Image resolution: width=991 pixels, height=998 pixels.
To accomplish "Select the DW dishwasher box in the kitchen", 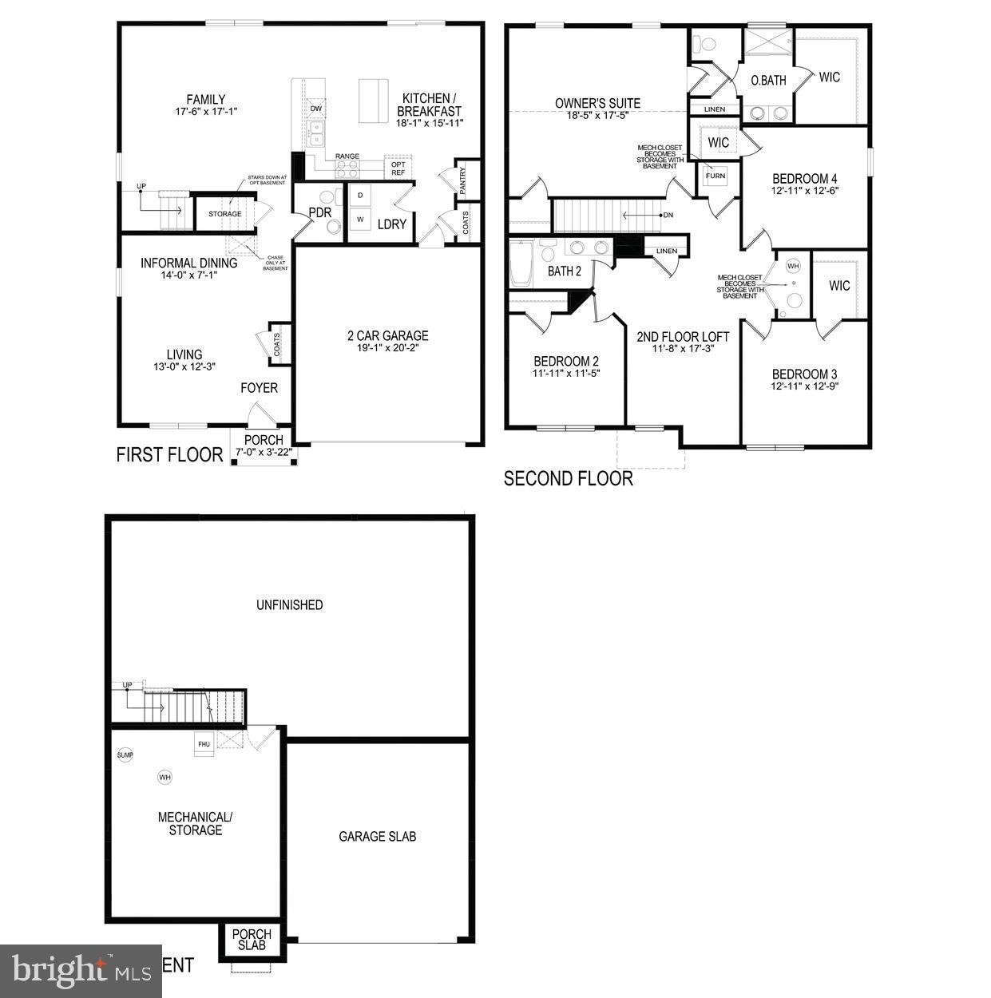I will coord(316,109).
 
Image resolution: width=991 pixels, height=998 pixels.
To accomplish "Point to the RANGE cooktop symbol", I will coord(347,168).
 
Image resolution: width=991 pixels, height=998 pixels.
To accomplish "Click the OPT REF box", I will coord(398,168).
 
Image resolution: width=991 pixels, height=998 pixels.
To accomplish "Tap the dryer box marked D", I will coord(360,195).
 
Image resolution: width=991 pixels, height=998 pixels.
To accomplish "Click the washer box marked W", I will coord(360,219).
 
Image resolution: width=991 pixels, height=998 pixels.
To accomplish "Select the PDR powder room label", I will coord(320,213).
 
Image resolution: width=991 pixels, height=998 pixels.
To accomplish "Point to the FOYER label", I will coord(260,388).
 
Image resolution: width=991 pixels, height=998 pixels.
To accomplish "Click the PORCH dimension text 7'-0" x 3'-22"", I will coord(264,453).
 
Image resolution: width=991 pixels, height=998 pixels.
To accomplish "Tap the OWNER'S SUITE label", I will coord(597,103).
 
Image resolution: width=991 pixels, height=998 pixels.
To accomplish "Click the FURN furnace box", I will coord(715,176).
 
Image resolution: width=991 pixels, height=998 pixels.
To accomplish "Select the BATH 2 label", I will coord(565,271).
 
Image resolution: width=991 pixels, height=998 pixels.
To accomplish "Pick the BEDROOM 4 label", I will coord(805,179).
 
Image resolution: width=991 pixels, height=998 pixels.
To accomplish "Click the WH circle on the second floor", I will coord(793,265).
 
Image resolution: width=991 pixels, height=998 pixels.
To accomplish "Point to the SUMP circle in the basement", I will coord(125,754).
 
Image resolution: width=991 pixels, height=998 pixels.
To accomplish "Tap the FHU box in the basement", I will coord(204,744).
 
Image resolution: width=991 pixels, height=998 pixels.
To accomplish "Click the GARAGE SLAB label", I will coord(377,837).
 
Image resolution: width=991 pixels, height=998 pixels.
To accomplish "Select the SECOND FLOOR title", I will coord(569,478).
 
